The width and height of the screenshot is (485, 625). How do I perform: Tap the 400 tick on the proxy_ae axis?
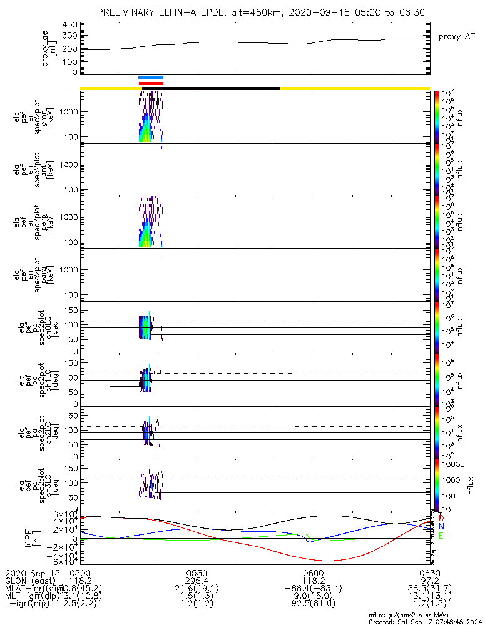click(70, 25)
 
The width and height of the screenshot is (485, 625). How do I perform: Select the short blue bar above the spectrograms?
click(151, 78)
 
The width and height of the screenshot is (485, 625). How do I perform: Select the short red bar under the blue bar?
click(151, 83)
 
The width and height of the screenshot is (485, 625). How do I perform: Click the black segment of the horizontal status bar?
click(213, 88)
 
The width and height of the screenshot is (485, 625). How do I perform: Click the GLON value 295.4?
click(197, 581)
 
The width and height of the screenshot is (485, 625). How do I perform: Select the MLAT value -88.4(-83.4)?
click(313, 589)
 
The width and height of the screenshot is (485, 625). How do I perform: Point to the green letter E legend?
click(441, 536)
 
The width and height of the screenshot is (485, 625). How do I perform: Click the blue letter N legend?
click(441, 527)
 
